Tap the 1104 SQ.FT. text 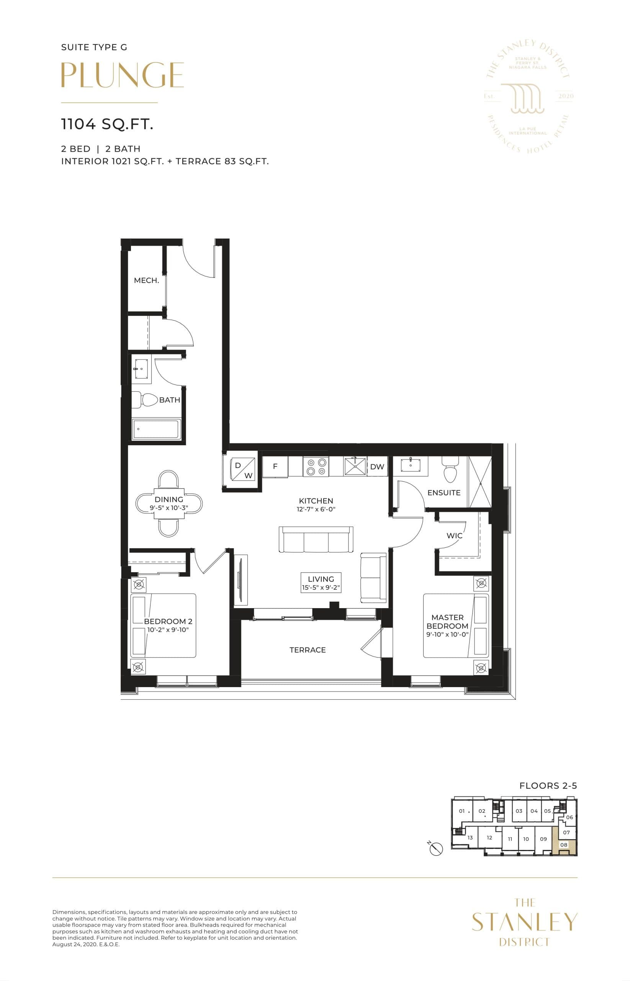tap(107, 124)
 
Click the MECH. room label tap(146, 281)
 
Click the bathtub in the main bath tap(156, 429)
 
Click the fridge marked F tap(275, 467)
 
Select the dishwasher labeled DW tap(377, 467)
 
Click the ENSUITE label tap(444, 493)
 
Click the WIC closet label tap(455, 536)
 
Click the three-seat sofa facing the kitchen tap(316, 540)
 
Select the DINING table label tap(169, 499)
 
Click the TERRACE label tap(308, 650)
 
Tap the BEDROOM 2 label tap(168, 621)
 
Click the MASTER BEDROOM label tap(447, 621)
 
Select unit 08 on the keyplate tap(564, 845)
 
